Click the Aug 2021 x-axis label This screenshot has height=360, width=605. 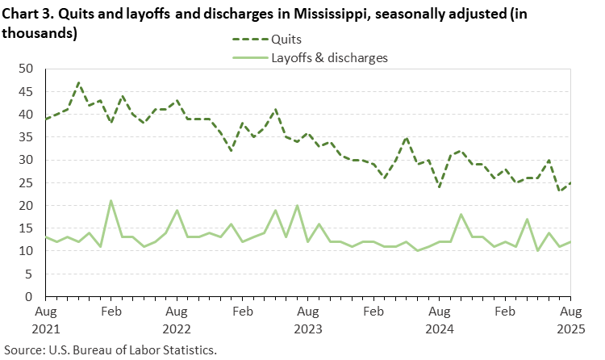tap(45, 319)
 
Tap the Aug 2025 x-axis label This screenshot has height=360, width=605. tap(570, 319)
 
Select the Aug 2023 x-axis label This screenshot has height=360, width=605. tap(307, 319)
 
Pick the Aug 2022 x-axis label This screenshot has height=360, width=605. tap(177, 319)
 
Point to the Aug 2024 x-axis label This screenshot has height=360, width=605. tap(439, 319)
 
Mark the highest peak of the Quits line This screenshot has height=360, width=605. tap(78, 82)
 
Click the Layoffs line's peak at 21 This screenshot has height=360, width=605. tap(111, 201)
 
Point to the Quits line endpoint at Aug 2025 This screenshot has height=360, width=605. tap(570, 182)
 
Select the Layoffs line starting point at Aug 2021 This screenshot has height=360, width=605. tap(45, 237)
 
